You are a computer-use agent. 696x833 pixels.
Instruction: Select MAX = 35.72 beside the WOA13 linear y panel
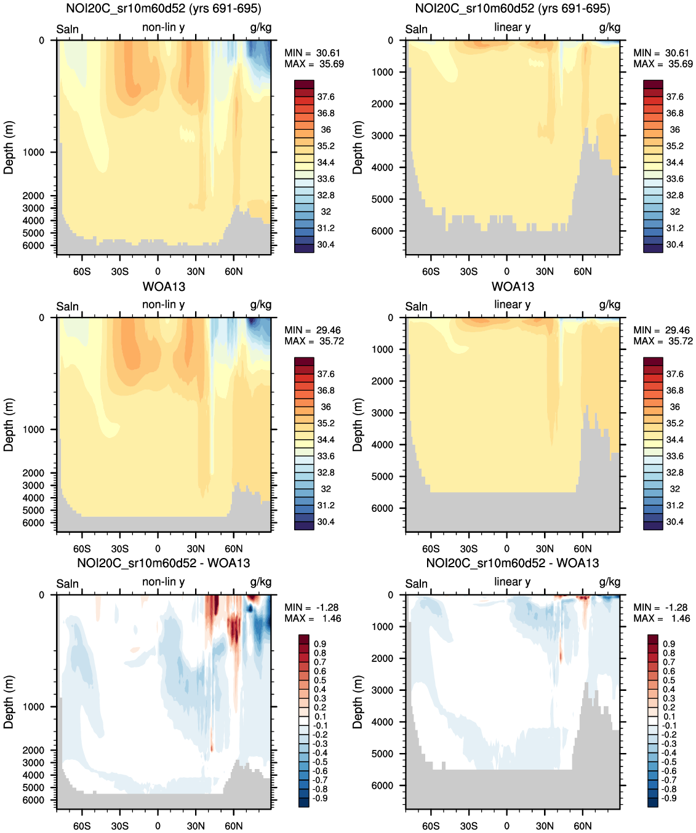pos(663,341)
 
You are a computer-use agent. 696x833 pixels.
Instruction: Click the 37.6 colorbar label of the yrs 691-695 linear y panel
pos(675,97)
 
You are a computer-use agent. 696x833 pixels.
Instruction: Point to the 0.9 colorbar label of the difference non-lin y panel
pos(320,644)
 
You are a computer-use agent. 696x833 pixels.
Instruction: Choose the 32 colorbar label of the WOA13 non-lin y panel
pos(326,488)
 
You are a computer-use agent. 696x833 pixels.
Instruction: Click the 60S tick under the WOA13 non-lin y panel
pos(82,549)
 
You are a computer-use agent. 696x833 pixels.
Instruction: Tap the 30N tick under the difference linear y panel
pos(545,826)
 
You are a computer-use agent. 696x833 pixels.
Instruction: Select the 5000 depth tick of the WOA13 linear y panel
pos(382,477)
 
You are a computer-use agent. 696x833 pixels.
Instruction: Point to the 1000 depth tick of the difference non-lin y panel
pos(33,707)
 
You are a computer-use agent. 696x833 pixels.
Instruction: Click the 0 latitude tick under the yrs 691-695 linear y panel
pos(506,271)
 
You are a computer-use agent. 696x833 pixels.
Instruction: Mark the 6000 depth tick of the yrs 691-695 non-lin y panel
pos(33,245)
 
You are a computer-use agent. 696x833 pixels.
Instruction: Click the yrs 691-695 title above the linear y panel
pos(512,9)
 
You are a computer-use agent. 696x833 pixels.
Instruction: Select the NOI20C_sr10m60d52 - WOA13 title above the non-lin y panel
pos(164,563)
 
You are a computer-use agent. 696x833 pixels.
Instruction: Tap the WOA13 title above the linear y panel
pos(513,287)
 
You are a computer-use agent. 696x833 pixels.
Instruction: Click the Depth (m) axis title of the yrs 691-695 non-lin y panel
pos(9,147)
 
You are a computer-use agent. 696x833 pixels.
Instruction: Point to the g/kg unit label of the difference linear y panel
pos(609,582)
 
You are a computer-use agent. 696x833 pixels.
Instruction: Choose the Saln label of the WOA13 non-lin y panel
pos(68,306)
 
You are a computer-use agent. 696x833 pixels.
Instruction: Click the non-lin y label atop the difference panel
pos(163,582)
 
